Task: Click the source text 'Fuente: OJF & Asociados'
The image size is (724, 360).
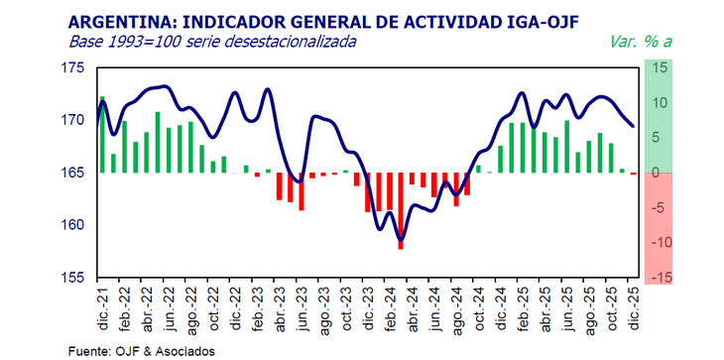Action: (140, 350)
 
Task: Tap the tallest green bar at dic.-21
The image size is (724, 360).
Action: (102, 134)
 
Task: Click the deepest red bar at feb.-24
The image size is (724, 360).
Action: (401, 210)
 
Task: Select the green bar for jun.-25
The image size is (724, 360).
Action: (567, 147)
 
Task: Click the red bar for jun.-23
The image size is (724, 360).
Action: (301, 191)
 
